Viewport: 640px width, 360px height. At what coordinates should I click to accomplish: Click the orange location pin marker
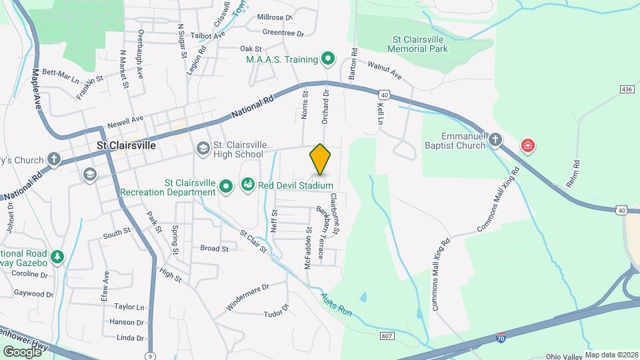click(320, 159)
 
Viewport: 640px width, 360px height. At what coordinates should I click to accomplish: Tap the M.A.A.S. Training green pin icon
click(327, 59)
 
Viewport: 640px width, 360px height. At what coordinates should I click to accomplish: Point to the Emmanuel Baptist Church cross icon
click(495, 140)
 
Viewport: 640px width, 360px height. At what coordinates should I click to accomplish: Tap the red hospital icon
click(528, 145)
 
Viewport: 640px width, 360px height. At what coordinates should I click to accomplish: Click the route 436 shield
click(626, 89)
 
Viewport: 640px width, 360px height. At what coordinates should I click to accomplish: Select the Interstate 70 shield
click(500, 339)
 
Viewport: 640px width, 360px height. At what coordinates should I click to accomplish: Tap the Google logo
click(22, 351)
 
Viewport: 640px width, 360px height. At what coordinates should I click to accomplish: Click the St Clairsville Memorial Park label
click(419, 44)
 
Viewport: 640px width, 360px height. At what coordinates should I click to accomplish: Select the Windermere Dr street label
click(247, 297)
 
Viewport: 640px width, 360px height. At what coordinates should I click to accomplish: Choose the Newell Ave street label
click(125, 123)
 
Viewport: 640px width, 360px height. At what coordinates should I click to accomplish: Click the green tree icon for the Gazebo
click(58, 257)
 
